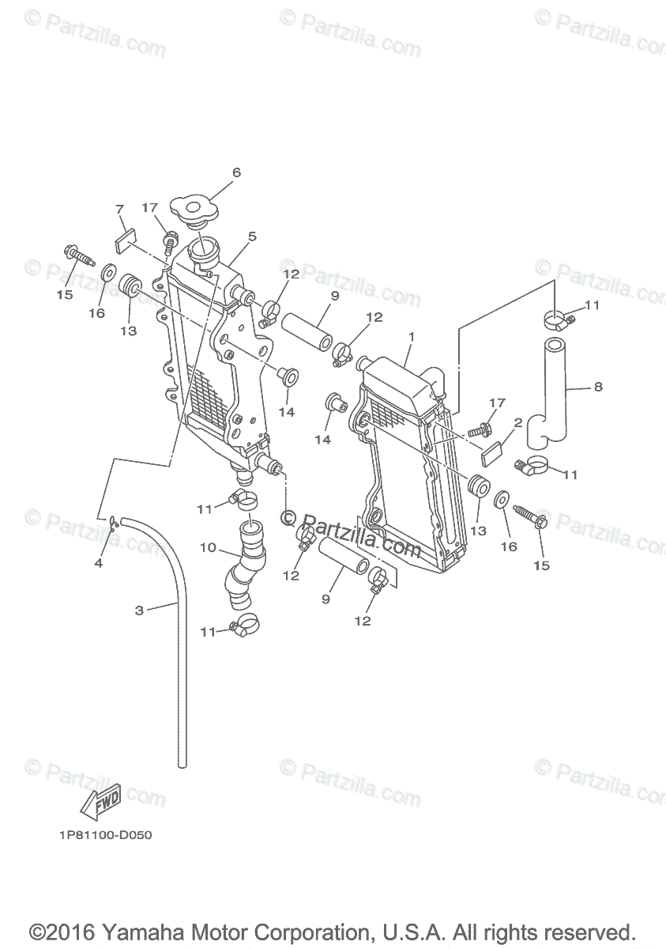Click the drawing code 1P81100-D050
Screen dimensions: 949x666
[x=104, y=835]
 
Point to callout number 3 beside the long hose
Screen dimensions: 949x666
[x=139, y=610]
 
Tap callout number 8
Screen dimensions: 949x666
[x=598, y=388]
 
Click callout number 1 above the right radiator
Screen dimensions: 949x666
[x=411, y=336]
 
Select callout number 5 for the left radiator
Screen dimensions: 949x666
[x=252, y=236]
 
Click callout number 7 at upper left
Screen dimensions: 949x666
[x=120, y=210]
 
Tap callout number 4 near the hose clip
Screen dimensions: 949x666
[x=99, y=563]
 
